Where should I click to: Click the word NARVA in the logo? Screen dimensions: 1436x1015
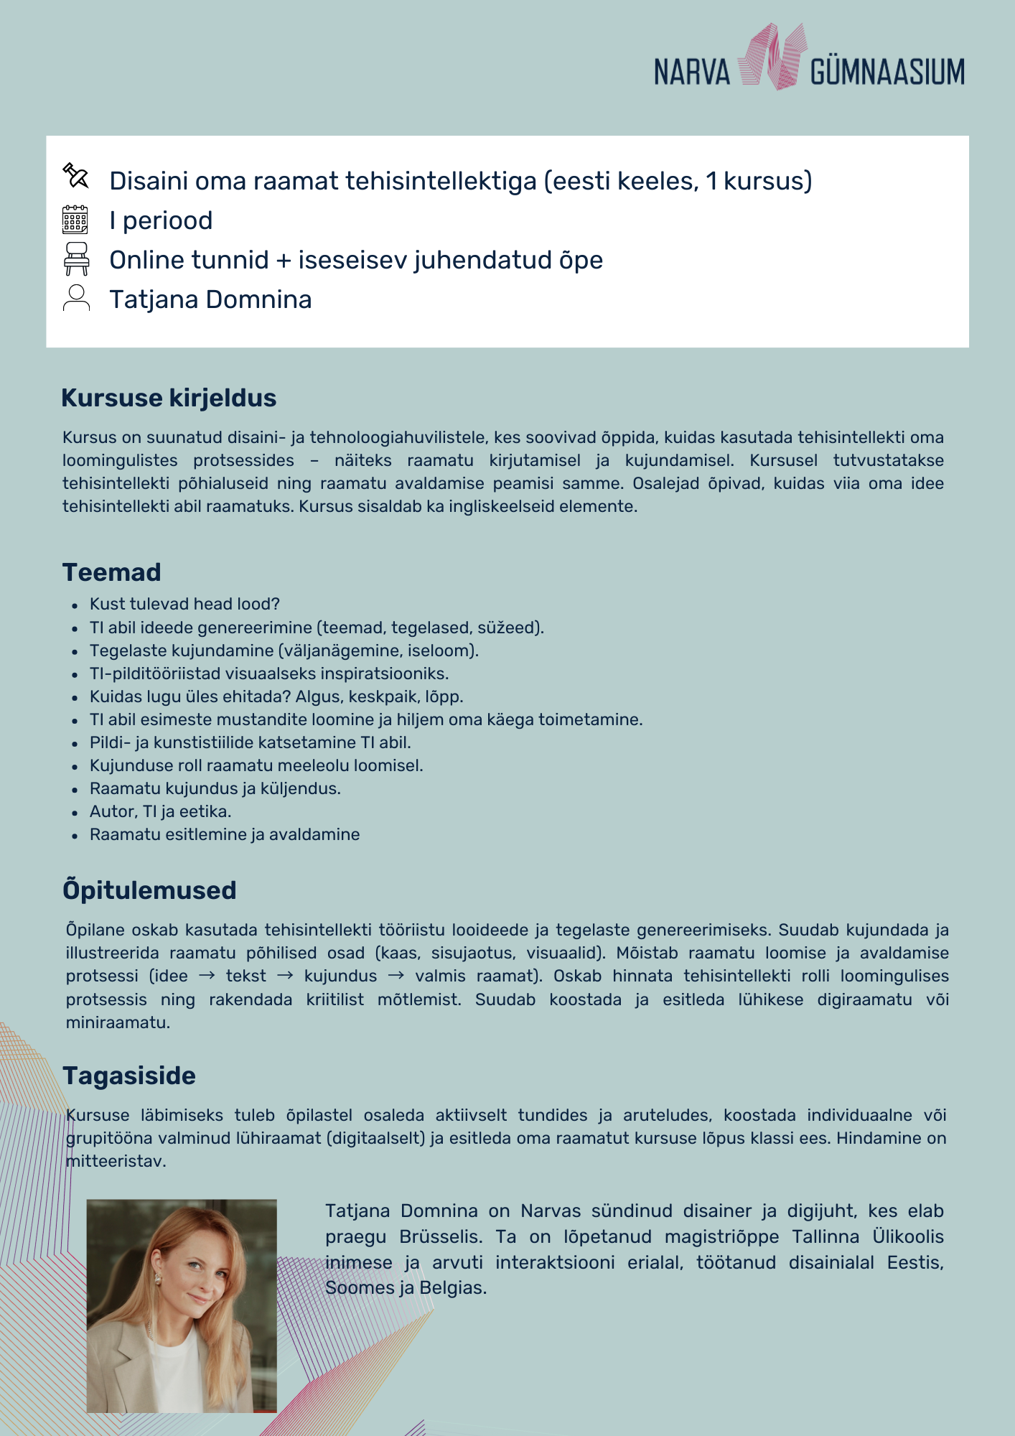(x=691, y=72)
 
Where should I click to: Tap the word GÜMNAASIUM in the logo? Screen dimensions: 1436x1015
(x=887, y=72)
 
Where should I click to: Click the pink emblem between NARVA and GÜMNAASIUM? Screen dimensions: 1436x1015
(x=770, y=57)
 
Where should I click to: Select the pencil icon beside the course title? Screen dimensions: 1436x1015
(x=75, y=176)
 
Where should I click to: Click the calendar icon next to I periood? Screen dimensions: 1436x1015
(x=75, y=220)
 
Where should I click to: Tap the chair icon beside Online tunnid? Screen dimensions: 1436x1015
(x=76, y=258)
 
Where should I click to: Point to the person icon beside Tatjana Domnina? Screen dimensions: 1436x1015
(x=76, y=298)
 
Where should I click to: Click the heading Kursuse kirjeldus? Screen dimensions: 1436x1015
(x=169, y=398)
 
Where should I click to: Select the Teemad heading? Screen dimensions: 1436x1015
(x=112, y=572)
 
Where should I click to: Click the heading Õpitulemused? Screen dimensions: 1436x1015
(x=149, y=890)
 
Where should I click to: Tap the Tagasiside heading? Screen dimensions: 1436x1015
(x=129, y=1076)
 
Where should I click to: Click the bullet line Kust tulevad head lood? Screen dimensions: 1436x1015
(x=184, y=604)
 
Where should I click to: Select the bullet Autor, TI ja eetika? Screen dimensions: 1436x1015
(x=160, y=811)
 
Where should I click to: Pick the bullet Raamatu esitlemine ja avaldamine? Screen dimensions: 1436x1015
(x=225, y=834)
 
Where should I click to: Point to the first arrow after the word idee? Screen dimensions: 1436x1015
(x=207, y=976)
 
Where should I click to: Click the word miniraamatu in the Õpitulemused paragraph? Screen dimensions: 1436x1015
(x=118, y=1022)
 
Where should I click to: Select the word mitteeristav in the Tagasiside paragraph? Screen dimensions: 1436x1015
(x=116, y=1161)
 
